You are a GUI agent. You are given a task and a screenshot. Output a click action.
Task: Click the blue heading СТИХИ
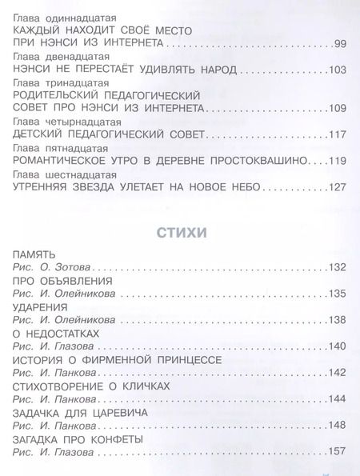click(180, 234)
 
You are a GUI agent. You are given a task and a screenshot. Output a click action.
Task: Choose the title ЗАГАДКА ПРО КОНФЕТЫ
click(78, 441)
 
